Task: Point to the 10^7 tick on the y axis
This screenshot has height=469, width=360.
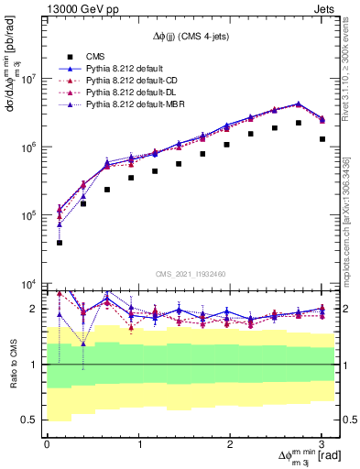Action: [x=27, y=79]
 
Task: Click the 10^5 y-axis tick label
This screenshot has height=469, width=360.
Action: [x=27, y=215]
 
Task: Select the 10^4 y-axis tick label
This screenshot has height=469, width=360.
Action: [x=27, y=284]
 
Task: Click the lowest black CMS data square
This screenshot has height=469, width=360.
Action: [x=60, y=243]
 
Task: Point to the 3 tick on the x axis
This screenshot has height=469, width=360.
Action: [x=322, y=444]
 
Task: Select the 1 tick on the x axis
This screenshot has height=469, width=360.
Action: [x=139, y=444]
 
